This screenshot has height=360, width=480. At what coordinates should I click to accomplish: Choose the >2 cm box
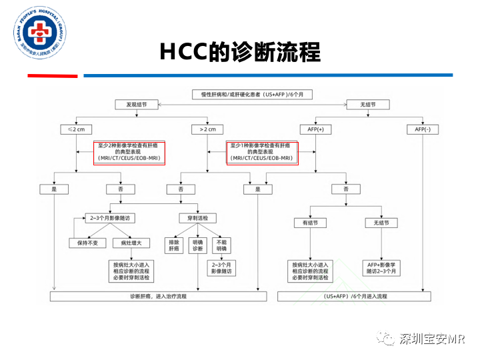click(x=207, y=129)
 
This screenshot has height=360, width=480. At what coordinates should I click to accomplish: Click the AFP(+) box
click(x=315, y=129)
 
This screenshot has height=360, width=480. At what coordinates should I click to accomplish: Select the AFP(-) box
click(x=423, y=129)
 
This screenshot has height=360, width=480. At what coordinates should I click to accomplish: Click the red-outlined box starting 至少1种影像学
click(x=261, y=151)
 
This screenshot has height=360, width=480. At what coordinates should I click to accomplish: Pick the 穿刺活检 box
click(x=197, y=218)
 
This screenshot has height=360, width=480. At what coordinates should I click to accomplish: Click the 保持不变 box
click(x=87, y=243)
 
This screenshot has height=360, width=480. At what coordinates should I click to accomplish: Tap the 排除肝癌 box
click(x=174, y=245)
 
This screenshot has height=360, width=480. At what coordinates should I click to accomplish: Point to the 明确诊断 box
click(x=198, y=245)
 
